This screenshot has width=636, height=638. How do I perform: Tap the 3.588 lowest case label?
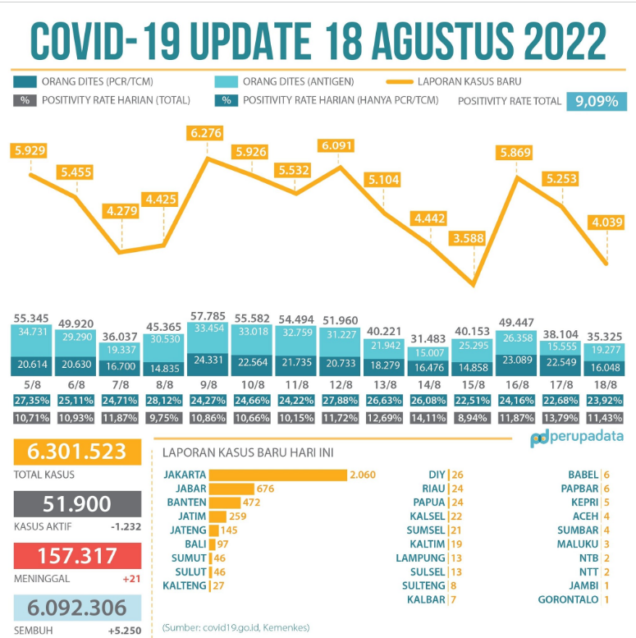474,238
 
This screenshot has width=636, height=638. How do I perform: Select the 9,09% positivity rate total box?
596,101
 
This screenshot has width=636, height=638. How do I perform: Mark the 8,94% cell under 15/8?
474,418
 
